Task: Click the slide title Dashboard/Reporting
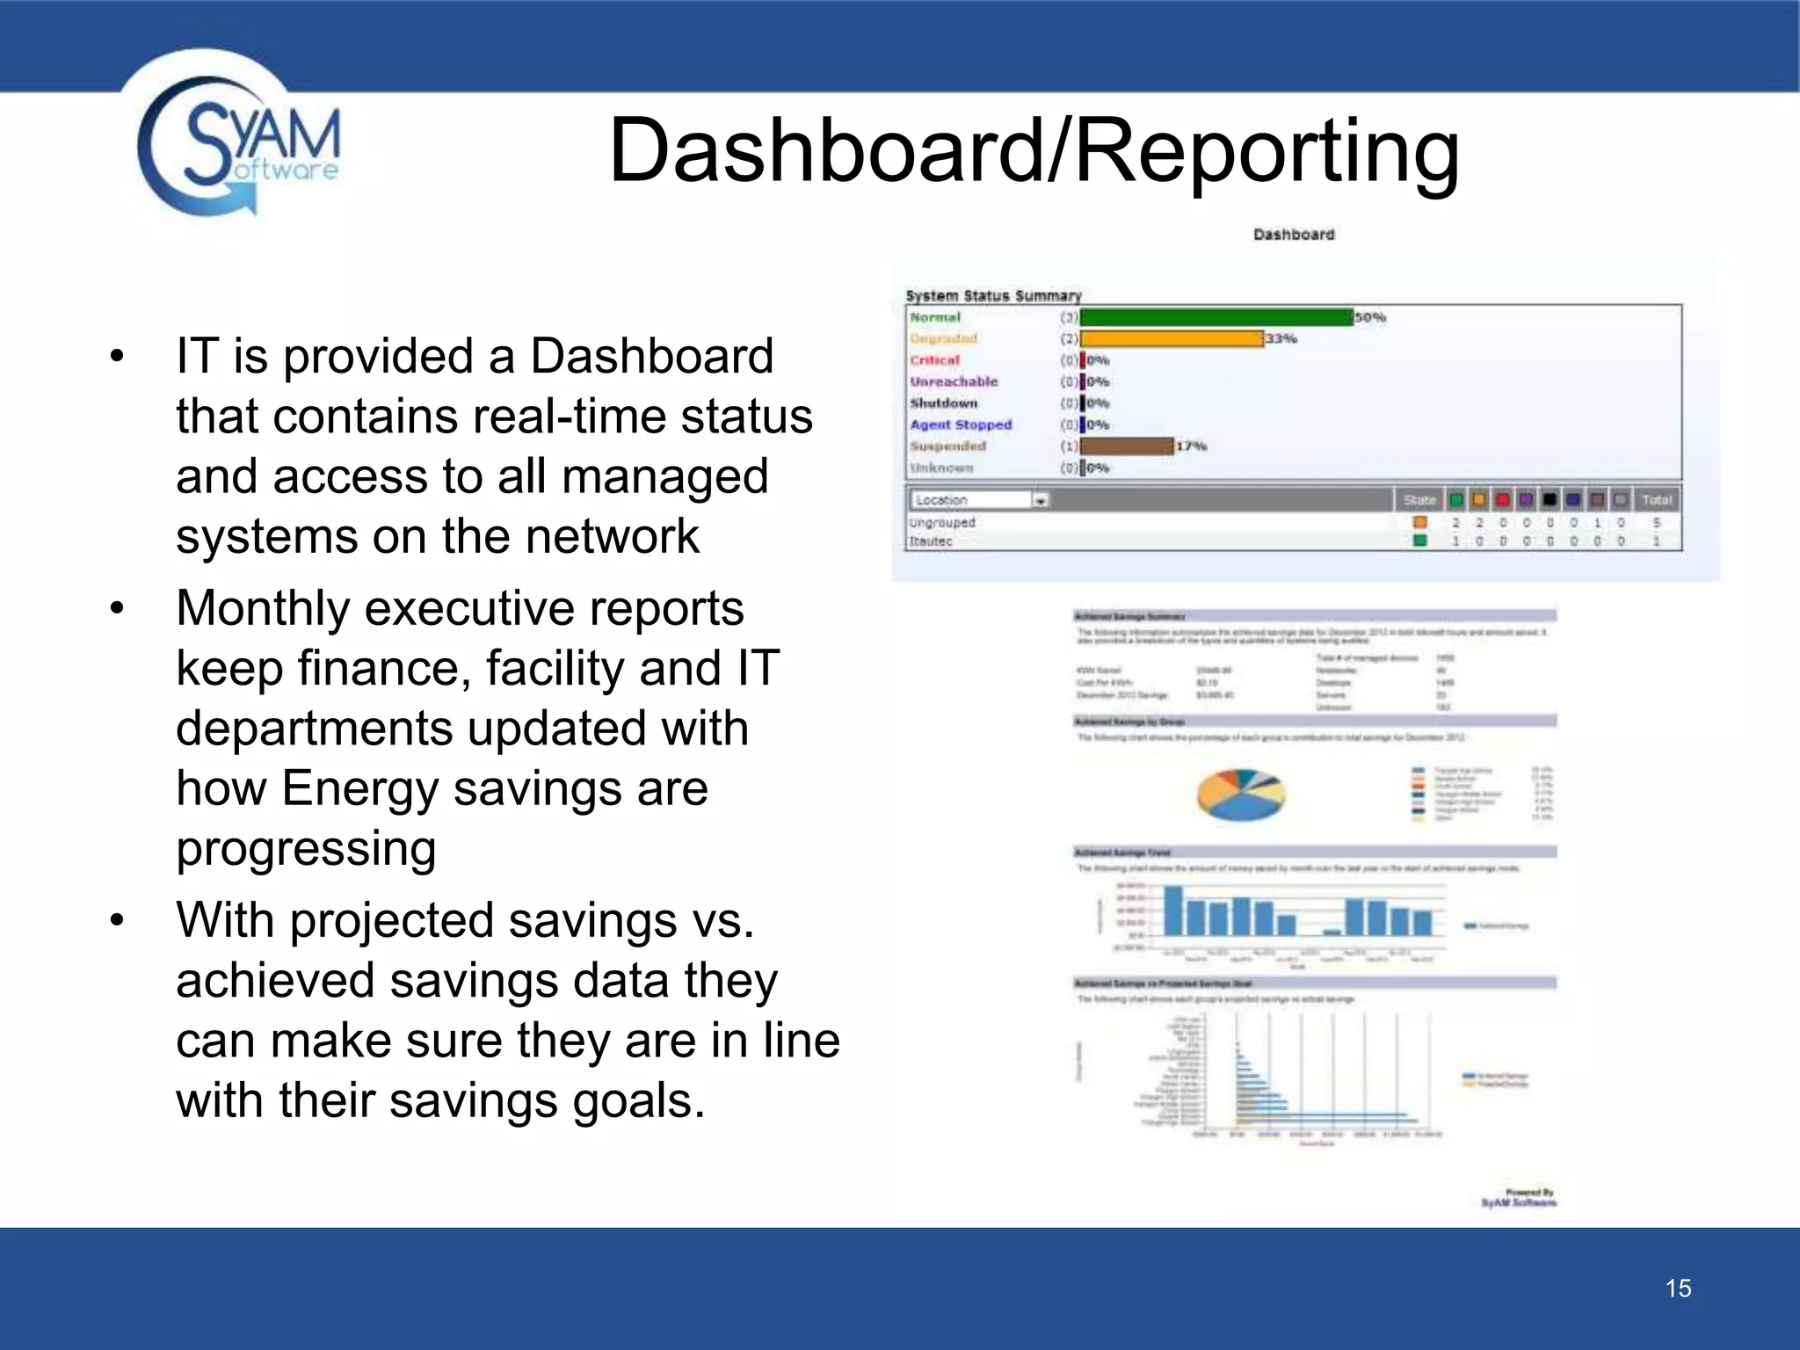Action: (x=1034, y=150)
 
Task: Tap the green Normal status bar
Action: (x=1216, y=317)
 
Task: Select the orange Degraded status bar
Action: (x=1171, y=338)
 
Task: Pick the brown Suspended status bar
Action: (x=1126, y=446)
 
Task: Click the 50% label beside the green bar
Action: (x=1369, y=317)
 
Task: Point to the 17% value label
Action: (x=1192, y=446)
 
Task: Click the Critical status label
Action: (x=934, y=360)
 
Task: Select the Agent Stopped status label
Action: (x=961, y=425)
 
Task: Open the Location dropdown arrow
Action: (x=1041, y=500)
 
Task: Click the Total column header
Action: (x=1656, y=500)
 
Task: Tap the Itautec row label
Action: (x=931, y=541)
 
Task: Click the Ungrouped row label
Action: (x=942, y=522)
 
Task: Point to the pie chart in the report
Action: (x=1240, y=795)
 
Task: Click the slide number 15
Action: (x=1678, y=1288)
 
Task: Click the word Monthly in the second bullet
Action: (x=263, y=608)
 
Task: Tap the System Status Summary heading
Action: (x=993, y=296)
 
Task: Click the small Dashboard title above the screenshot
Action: (x=1293, y=235)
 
